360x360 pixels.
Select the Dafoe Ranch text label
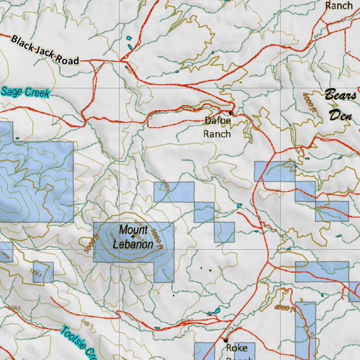pos(218,127)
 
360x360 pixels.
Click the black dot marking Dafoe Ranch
pos(231,113)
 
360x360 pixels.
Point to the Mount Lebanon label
pos(133,237)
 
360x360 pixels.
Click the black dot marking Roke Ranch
pos(226,340)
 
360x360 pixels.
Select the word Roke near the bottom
pos(237,348)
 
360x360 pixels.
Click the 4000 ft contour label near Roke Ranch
pos(285,308)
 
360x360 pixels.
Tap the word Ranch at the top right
pos(339,6)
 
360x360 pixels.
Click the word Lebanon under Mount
pos(133,244)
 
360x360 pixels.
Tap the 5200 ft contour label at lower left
pos(36,272)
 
